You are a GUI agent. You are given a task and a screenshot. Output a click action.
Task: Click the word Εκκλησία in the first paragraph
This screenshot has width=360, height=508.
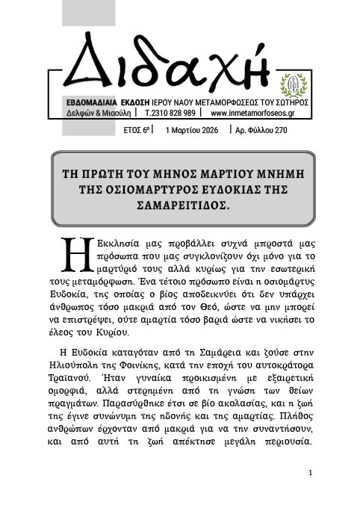(107, 244)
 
